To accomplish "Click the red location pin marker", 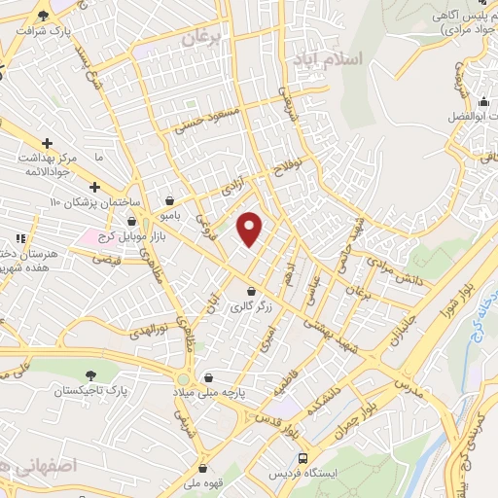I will pyautogui.click(x=250, y=228).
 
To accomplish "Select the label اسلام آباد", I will pyautogui.click(x=327, y=59).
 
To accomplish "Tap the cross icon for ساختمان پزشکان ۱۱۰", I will pyautogui.click(x=94, y=187).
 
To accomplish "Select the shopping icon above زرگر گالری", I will pyautogui.click(x=251, y=290).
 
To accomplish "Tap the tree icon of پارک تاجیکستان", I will pyautogui.click(x=91, y=374).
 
